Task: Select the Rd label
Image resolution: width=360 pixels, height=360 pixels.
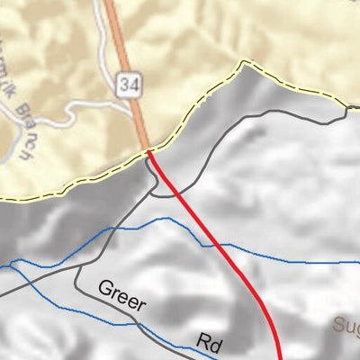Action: (210, 343)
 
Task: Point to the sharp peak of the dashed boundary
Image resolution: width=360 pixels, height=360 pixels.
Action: (241, 62)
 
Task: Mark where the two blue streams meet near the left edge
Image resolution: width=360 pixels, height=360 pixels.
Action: (13, 265)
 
